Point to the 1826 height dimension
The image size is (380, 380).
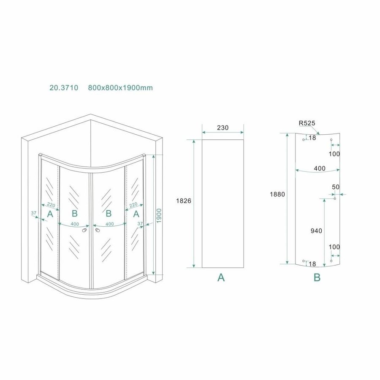click(x=184, y=201)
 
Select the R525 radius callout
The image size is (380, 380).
click(x=307, y=123)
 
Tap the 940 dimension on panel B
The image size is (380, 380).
click(x=316, y=231)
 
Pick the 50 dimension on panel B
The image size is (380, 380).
click(x=336, y=187)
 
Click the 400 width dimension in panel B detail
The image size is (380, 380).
click(x=320, y=168)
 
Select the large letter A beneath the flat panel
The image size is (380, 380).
click(x=221, y=277)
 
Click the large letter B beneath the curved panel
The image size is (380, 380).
click(x=317, y=277)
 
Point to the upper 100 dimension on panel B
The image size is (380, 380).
click(x=334, y=154)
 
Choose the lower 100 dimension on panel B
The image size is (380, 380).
click(x=334, y=247)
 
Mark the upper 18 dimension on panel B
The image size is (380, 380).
click(x=312, y=138)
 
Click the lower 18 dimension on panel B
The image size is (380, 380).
click(x=312, y=264)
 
